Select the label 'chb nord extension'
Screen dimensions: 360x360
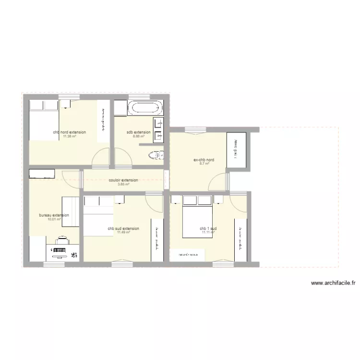tap(70, 132)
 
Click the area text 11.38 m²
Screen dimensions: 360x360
tap(70, 136)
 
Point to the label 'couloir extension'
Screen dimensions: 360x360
tap(123, 180)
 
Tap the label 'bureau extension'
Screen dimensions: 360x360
tap(54, 215)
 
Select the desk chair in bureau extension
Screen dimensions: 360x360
tap(62, 238)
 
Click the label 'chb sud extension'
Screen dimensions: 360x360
tap(123, 228)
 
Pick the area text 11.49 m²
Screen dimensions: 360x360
tap(123, 232)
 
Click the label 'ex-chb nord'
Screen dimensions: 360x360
tap(204, 160)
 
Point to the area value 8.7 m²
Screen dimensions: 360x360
tap(204, 164)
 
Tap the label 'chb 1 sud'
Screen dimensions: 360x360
tap(208, 228)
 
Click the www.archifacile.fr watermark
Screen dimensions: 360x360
tap(333, 284)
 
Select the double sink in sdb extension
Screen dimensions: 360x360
tap(159, 130)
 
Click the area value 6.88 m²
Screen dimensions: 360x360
tap(139, 136)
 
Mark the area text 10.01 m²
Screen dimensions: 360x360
tap(54, 219)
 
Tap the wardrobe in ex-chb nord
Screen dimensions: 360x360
tap(236, 150)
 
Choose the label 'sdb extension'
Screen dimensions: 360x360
tap(139, 132)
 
